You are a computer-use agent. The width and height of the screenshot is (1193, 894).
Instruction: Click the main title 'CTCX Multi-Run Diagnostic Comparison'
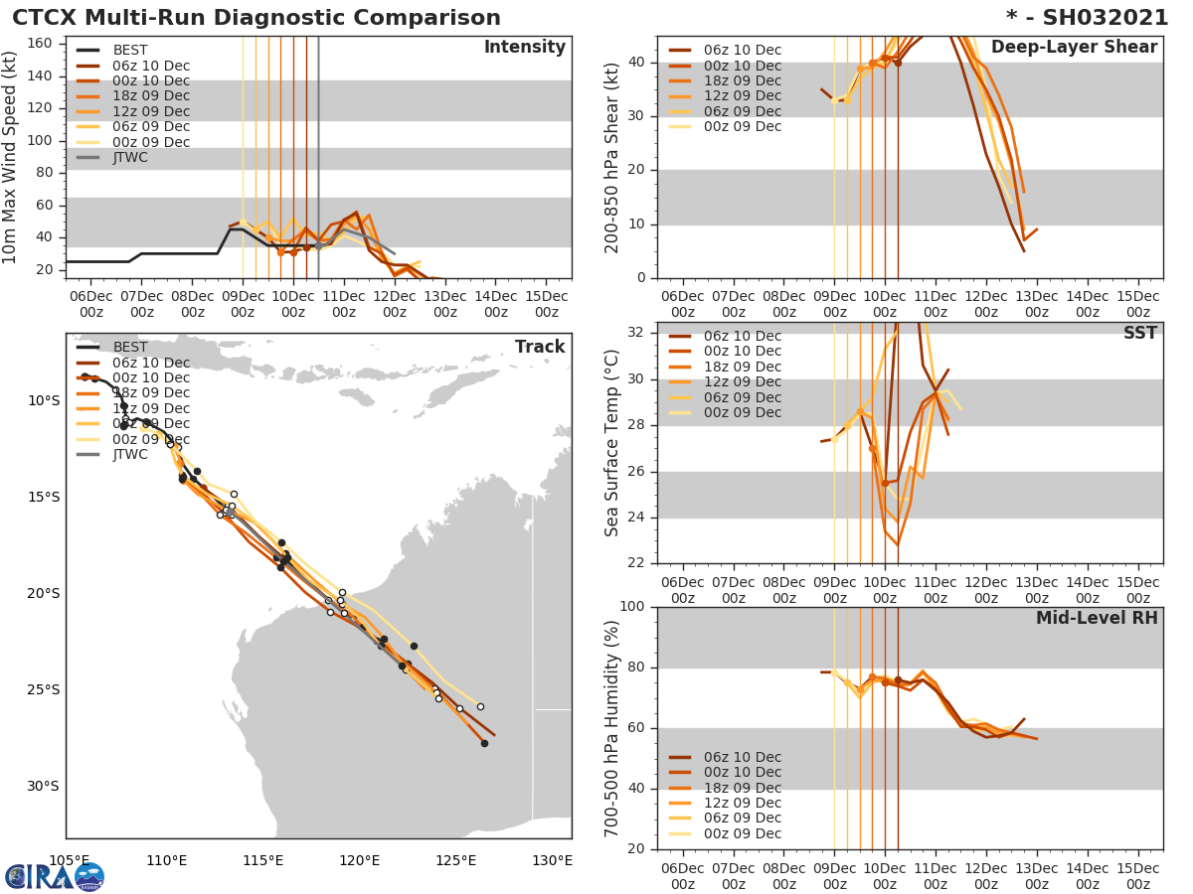click(256, 18)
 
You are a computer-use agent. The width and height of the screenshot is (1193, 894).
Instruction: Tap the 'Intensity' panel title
click(524, 48)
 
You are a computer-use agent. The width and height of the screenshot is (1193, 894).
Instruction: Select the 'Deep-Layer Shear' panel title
click(1074, 48)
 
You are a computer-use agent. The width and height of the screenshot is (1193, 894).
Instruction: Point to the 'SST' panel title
click(1139, 333)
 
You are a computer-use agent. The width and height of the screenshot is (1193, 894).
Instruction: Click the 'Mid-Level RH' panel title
click(1097, 618)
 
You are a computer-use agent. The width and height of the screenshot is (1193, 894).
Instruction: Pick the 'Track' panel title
click(539, 347)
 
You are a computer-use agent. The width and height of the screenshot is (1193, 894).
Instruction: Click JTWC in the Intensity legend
click(130, 158)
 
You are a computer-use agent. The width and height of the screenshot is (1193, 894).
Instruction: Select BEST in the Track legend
click(130, 348)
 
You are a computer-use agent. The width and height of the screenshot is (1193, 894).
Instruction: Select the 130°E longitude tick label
click(552, 860)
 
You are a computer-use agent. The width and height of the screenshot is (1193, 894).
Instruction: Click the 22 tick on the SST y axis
click(637, 563)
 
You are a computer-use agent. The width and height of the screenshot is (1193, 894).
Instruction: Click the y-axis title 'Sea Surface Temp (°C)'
click(613, 443)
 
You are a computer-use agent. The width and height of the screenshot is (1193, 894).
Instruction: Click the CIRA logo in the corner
click(55, 876)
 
